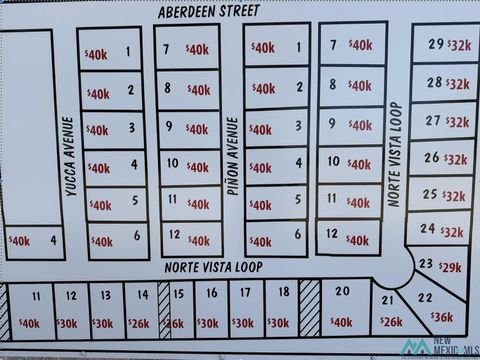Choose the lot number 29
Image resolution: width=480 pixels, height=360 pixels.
436,44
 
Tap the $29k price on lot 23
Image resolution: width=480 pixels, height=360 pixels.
450,267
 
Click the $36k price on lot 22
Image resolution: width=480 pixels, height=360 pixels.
441,317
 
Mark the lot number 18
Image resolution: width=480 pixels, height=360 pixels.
283,292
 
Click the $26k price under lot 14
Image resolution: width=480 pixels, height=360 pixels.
138,323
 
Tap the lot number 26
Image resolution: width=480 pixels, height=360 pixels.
431,157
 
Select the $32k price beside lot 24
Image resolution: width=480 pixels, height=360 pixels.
453,232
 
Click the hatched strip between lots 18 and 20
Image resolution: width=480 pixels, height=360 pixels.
310,309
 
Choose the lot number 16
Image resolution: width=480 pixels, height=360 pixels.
211,293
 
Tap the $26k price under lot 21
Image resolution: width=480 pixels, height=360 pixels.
391,322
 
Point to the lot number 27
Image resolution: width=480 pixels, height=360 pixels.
432,120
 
